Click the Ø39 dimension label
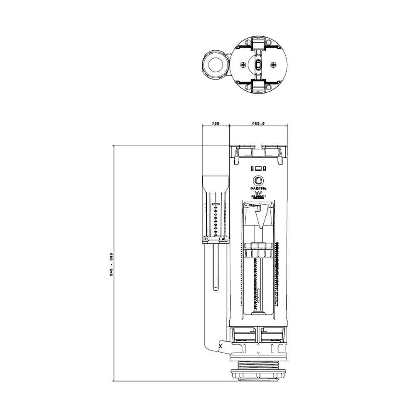(x=215, y=124)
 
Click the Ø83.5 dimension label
(x=258, y=124)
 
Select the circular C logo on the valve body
(x=258, y=181)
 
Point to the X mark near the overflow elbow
(x=220, y=345)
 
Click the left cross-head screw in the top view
(x=243, y=64)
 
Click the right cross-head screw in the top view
(x=273, y=64)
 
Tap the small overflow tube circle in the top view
(x=215, y=64)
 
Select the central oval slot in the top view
(x=258, y=64)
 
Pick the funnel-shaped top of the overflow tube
(x=215, y=183)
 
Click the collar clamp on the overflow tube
(x=215, y=239)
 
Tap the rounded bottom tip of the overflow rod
(x=215, y=288)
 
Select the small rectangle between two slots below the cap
(x=258, y=168)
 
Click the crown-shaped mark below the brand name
(x=258, y=193)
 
